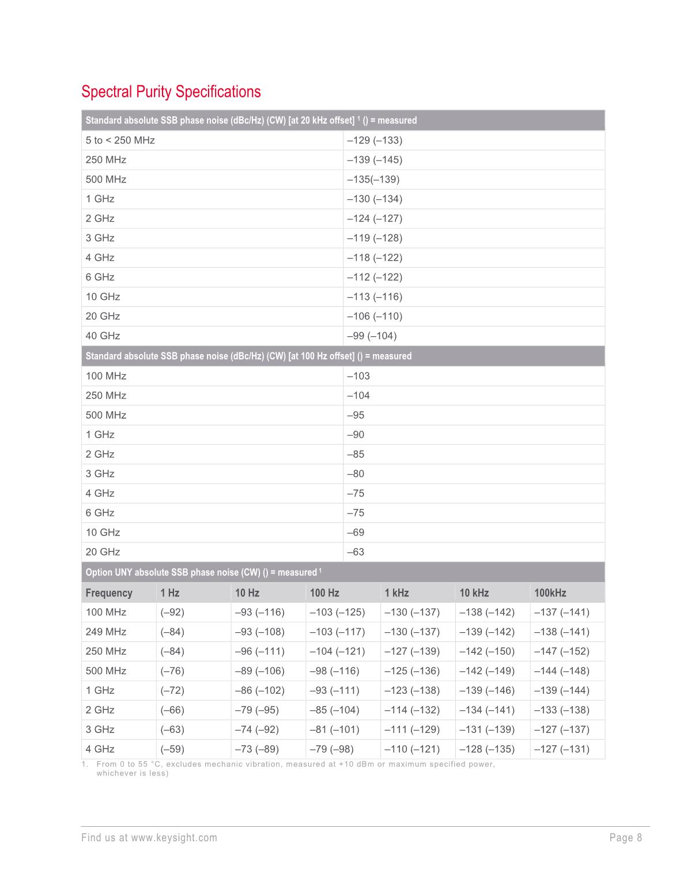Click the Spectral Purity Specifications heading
click(x=171, y=92)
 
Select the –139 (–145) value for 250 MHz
click(x=375, y=159)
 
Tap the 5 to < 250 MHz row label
click(x=120, y=140)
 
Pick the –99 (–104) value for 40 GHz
click(x=372, y=336)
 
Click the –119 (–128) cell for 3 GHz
click(x=375, y=238)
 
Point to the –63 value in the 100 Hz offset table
click(x=356, y=552)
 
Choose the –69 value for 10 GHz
click(x=356, y=532)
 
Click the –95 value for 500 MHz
click(x=356, y=415)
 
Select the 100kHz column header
click(x=550, y=592)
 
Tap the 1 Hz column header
click(x=169, y=592)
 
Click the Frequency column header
click(x=109, y=592)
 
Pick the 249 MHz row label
click(x=106, y=632)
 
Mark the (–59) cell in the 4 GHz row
click(x=172, y=749)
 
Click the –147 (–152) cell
click(x=561, y=651)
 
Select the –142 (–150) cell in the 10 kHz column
click(x=486, y=651)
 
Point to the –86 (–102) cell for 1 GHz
click(x=260, y=690)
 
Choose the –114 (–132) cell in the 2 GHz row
click(x=411, y=710)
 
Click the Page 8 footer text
click(x=625, y=838)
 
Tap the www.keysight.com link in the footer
click(x=174, y=838)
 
